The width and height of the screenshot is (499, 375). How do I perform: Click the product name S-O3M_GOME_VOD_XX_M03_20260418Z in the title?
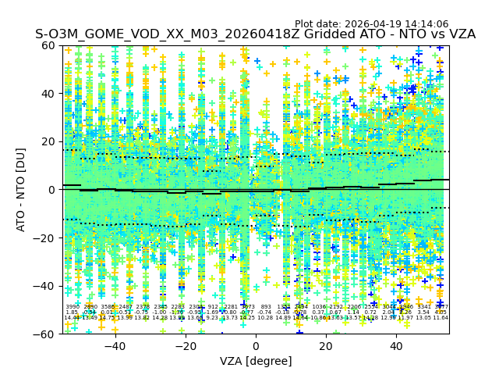(148, 35)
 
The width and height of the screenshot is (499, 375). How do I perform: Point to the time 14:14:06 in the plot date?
(448, 24)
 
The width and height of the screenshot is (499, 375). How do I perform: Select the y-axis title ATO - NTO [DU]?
(22, 190)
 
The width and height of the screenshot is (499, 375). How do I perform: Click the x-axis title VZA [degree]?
(256, 362)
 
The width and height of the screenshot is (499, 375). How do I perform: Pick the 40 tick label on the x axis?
(397, 346)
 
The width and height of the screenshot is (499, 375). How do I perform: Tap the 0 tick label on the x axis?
(256, 346)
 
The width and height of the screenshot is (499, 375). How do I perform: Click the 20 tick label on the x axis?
(327, 346)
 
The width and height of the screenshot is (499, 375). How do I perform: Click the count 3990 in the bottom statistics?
(73, 307)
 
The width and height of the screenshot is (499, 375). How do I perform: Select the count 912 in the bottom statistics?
(213, 307)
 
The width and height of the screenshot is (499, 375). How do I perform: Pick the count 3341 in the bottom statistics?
(424, 307)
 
